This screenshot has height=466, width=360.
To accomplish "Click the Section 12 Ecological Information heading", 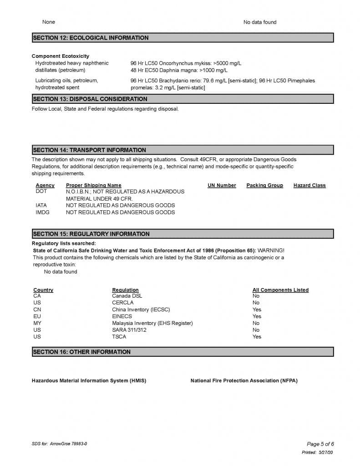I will (x=91, y=38).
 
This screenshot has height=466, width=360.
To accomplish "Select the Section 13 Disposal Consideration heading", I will (x=90, y=99).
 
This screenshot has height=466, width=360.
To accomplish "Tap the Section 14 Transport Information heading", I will (x=89, y=150).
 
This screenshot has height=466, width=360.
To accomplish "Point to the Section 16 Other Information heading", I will (x=81, y=352).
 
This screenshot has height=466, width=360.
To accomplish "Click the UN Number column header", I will (x=222, y=185).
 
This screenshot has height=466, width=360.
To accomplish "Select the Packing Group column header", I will (x=264, y=185).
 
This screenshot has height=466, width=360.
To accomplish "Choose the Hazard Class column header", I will (x=309, y=185).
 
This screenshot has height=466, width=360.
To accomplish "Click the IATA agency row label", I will (x=41, y=205).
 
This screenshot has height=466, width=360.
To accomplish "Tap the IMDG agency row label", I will (x=41, y=212).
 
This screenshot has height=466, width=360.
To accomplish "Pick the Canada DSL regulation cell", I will (x=127, y=296).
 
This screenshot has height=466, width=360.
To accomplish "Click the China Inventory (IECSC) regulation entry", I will (x=141, y=309).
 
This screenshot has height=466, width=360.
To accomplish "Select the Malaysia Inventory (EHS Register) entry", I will (x=152, y=323).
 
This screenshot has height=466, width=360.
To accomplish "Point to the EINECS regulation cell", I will (x=122, y=316).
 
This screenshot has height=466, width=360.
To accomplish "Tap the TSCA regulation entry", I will (x=119, y=337).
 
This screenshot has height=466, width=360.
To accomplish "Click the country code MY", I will (x=37, y=323).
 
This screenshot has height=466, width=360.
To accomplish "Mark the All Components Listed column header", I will (x=280, y=290).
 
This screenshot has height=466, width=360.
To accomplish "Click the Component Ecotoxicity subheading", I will (x=61, y=56).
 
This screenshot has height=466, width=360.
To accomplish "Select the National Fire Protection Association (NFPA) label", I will (x=244, y=380).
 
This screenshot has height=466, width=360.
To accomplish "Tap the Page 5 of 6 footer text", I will (x=321, y=444).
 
